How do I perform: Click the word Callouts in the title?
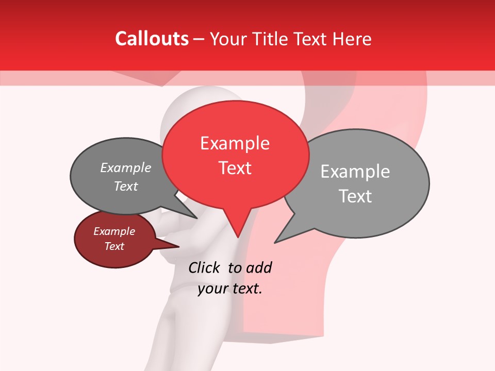coord(152,39)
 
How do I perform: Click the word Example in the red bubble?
coord(235,143)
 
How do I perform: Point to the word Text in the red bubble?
coord(235,168)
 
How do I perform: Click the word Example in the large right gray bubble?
coord(355,172)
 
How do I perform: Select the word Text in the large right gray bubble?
coord(355,196)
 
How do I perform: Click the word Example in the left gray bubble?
coord(126,168)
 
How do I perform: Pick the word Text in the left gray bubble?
coord(126,187)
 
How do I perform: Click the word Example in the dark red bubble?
coord(114,231)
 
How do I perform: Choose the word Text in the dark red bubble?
coord(114,246)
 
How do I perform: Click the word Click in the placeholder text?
coord(205,267)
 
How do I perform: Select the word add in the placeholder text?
coord(259,267)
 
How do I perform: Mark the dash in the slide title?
coord(200,39)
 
